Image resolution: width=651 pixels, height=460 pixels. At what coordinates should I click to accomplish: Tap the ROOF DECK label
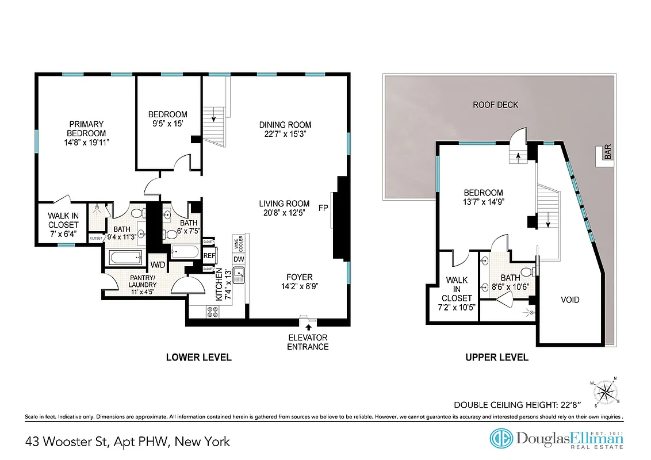[x=495, y=105]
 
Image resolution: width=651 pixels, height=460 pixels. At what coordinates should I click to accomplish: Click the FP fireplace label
[x=323, y=206]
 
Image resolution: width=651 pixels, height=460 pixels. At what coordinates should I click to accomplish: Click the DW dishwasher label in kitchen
[x=239, y=259]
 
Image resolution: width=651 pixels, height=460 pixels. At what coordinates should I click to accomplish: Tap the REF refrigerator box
[x=209, y=256]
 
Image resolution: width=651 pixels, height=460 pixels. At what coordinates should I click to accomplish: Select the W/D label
[x=158, y=264]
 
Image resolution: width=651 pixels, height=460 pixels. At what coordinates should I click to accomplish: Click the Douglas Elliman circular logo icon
[x=501, y=438]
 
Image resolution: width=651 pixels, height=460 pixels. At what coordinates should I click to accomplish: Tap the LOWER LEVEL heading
[x=198, y=357]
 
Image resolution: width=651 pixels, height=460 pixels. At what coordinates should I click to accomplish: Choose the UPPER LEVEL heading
[x=496, y=357]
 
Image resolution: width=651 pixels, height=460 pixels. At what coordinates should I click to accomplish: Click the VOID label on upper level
[x=570, y=300]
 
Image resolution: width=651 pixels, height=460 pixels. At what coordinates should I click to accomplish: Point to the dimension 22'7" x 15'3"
[x=285, y=134]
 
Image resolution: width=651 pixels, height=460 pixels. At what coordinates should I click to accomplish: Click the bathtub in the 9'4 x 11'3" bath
[x=125, y=257]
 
